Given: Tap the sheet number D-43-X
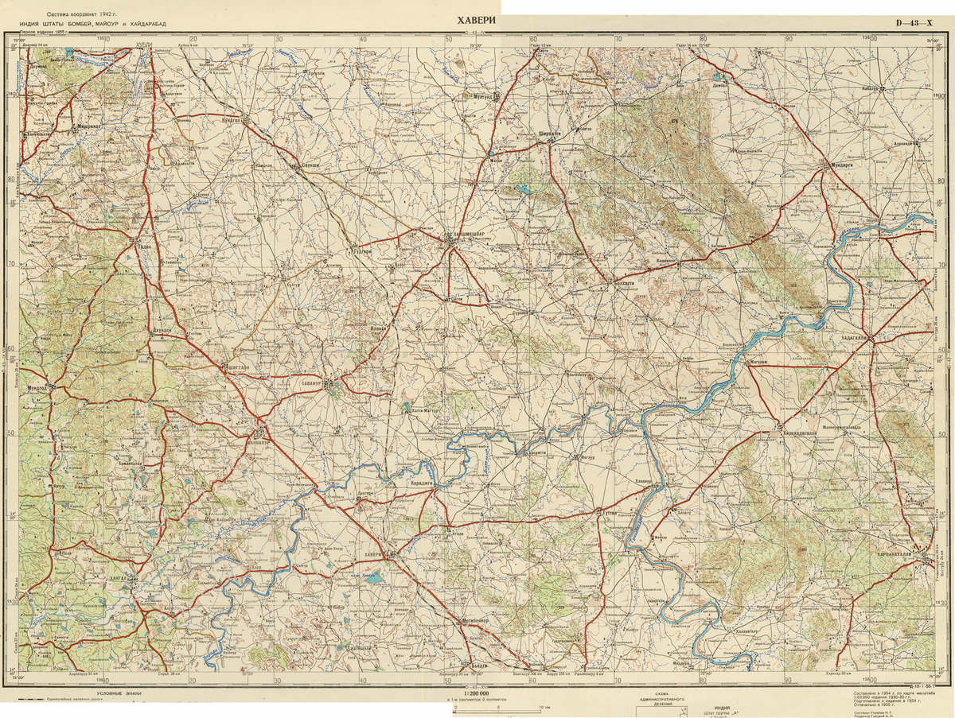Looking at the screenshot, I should point(913,23).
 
